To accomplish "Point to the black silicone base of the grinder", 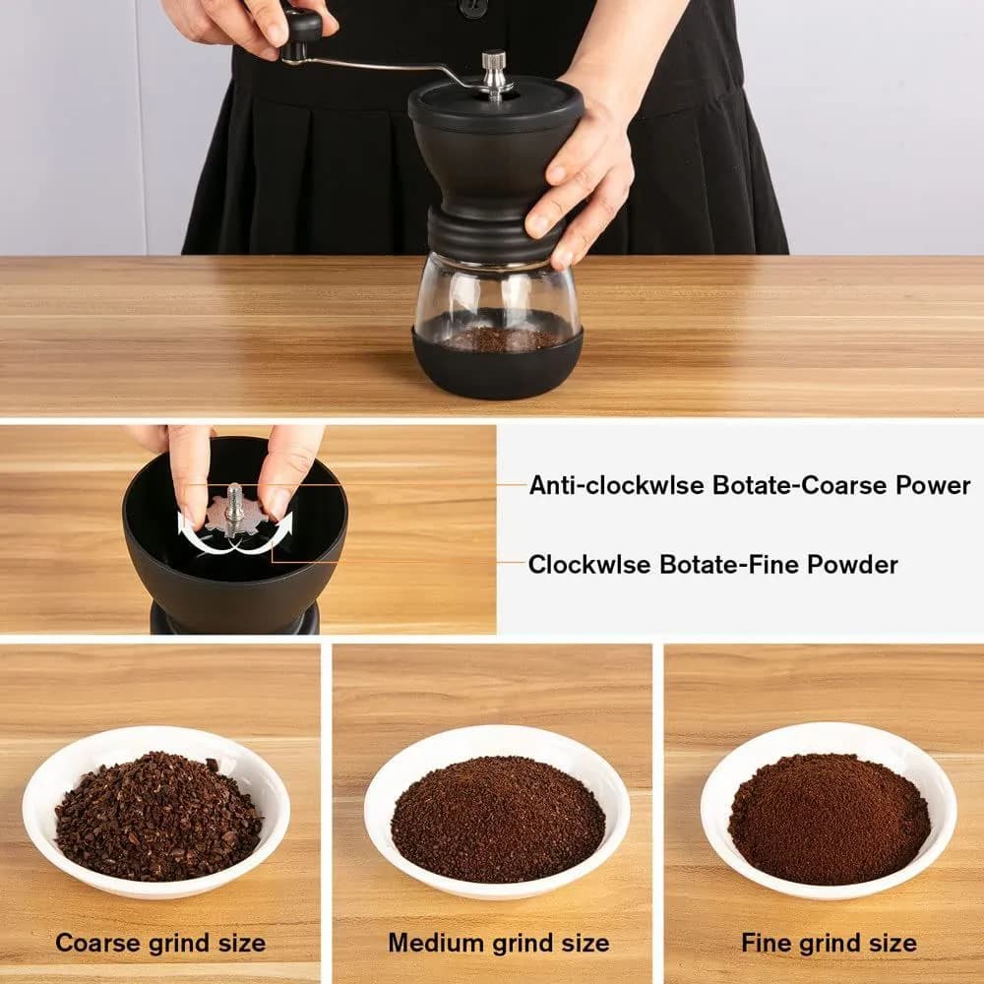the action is pyautogui.click(x=497, y=368).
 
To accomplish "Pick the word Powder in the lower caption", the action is pyautogui.click(x=852, y=564).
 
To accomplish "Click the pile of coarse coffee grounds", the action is pyautogui.click(x=158, y=816).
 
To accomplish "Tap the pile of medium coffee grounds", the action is pyautogui.click(x=498, y=818).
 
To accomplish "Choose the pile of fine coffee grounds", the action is pyautogui.click(x=830, y=818).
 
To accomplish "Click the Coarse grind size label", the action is pyautogui.click(x=160, y=943).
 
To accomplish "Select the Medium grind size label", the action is pyautogui.click(x=499, y=943).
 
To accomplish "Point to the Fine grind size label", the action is pyautogui.click(x=829, y=943).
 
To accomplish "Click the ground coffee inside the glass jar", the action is pyautogui.click(x=500, y=339).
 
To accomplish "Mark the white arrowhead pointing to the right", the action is pyautogui.click(x=284, y=524).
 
